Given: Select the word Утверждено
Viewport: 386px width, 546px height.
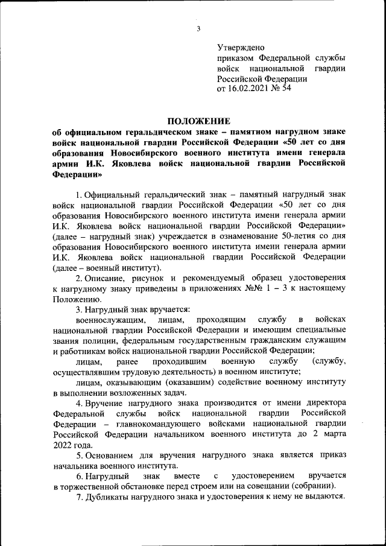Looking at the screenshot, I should click(x=240, y=47).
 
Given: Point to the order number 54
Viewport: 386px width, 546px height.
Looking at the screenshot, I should click(x=286, y=88).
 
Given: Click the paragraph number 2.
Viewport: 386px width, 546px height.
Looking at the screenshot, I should click(x=78, y=278).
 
